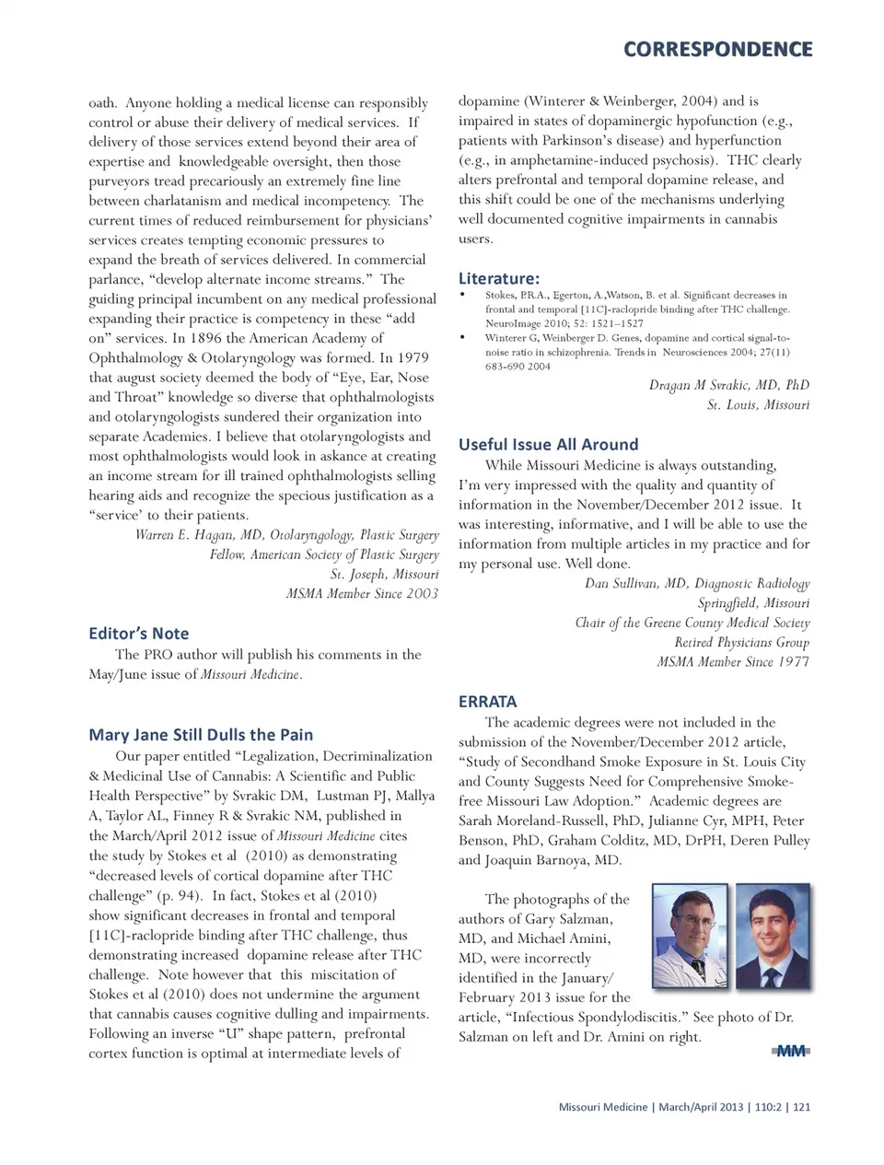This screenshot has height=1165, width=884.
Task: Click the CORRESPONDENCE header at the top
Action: pyautogui.click(x=717, y=50)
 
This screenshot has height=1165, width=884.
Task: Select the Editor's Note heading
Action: pyautogui.click(x=138, y=634)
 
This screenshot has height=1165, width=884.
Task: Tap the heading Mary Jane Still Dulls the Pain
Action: pyautogui.click(x=201, y=735)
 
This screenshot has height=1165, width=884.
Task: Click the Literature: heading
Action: pyautogui.click(x=499, y=278)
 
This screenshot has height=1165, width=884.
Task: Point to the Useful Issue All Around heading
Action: pyautogui.click(x=548, y=444)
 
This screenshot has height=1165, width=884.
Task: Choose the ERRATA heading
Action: pyautogui.click(x=487, y=701)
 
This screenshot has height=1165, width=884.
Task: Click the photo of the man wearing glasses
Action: pyautogui.click(x=689, y=936)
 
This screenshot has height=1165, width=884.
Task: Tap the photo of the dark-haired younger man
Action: pyautogui.click(x=773, y=936)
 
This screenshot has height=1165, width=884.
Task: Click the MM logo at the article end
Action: pyautogui.click(x=791, y=1051)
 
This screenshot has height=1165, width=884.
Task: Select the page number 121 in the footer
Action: pyautogui.click(x=801, y=1107)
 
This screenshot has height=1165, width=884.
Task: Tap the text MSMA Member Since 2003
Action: pyautogui.click(x=362, y=594)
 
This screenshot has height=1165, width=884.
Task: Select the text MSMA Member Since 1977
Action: pyautogui.click(x=733, y=662)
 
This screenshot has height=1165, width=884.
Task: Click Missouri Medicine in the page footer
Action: pyautogui.click(x=602, y=1107)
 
